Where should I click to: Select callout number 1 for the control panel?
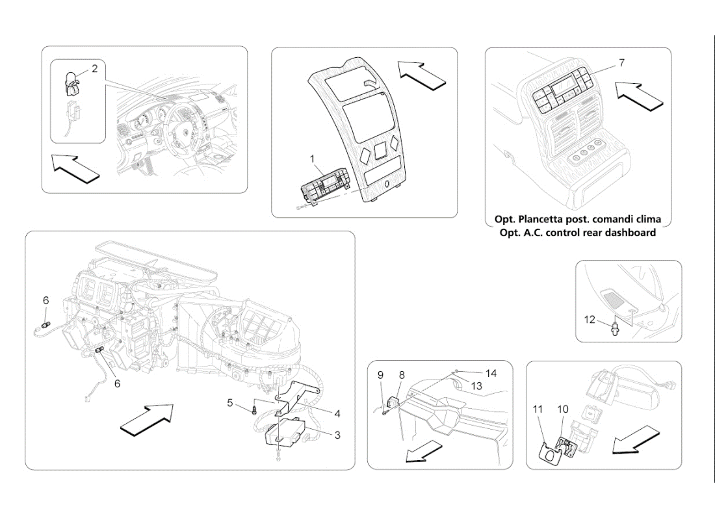pyautogui.click(x=312, y=159)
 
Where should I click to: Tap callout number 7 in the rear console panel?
pyautogui.click(x=621, y=63)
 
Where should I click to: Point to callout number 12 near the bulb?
pyautogui.click(x=590, y=319)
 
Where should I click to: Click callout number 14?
pyautogui.click(x=491, y=373)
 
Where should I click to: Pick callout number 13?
pyautogui.click(x=476, y=385)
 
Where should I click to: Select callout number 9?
pyautogui.click(x=380, y=375)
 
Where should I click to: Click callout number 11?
pyautogui.click(x=538, y=409)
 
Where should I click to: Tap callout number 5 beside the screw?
pyautogui.click(x=230, y=403)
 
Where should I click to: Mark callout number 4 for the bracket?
pyautogui.click(x=337, y=413)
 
